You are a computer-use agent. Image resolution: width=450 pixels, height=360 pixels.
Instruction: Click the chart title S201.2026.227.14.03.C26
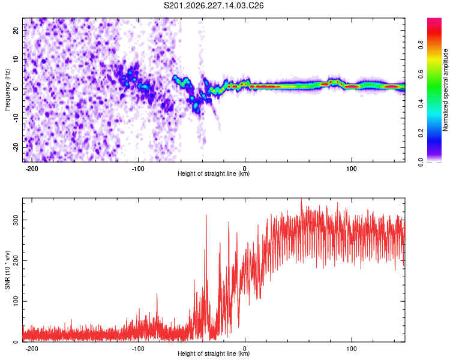214,5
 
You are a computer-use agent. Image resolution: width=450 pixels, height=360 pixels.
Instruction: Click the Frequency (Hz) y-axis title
7,90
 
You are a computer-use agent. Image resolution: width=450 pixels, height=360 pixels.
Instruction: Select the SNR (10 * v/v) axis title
7,270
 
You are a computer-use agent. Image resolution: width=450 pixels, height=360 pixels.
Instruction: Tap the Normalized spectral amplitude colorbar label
445,90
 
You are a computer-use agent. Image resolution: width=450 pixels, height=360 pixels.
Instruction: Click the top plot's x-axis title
214,173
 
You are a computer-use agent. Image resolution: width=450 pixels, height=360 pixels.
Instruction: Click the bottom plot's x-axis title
214,353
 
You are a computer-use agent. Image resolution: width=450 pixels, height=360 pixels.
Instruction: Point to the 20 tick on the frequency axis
16,30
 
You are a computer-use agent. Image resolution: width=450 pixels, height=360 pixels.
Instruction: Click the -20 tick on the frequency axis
16,146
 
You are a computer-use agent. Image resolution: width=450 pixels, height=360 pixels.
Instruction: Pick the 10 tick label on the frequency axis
16,59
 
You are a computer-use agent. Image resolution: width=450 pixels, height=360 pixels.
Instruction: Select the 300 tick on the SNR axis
16,220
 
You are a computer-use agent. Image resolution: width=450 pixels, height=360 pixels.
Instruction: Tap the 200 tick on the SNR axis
16,260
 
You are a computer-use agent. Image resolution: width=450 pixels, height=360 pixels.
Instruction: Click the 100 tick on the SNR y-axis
16,301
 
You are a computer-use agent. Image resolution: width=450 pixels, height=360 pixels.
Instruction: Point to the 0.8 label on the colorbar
421,45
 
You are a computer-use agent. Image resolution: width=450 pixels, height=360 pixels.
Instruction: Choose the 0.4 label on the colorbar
421,104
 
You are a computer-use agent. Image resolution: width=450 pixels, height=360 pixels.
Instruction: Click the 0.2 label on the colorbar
421,133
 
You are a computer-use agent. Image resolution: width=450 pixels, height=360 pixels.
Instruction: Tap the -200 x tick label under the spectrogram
32,169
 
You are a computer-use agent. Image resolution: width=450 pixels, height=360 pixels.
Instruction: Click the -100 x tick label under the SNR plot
139,349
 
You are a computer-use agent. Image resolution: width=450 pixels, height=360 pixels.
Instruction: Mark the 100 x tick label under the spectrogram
352,169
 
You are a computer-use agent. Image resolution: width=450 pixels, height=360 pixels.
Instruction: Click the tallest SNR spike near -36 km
206,215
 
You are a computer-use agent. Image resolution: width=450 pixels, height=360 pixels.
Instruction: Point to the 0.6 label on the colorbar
421,74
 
